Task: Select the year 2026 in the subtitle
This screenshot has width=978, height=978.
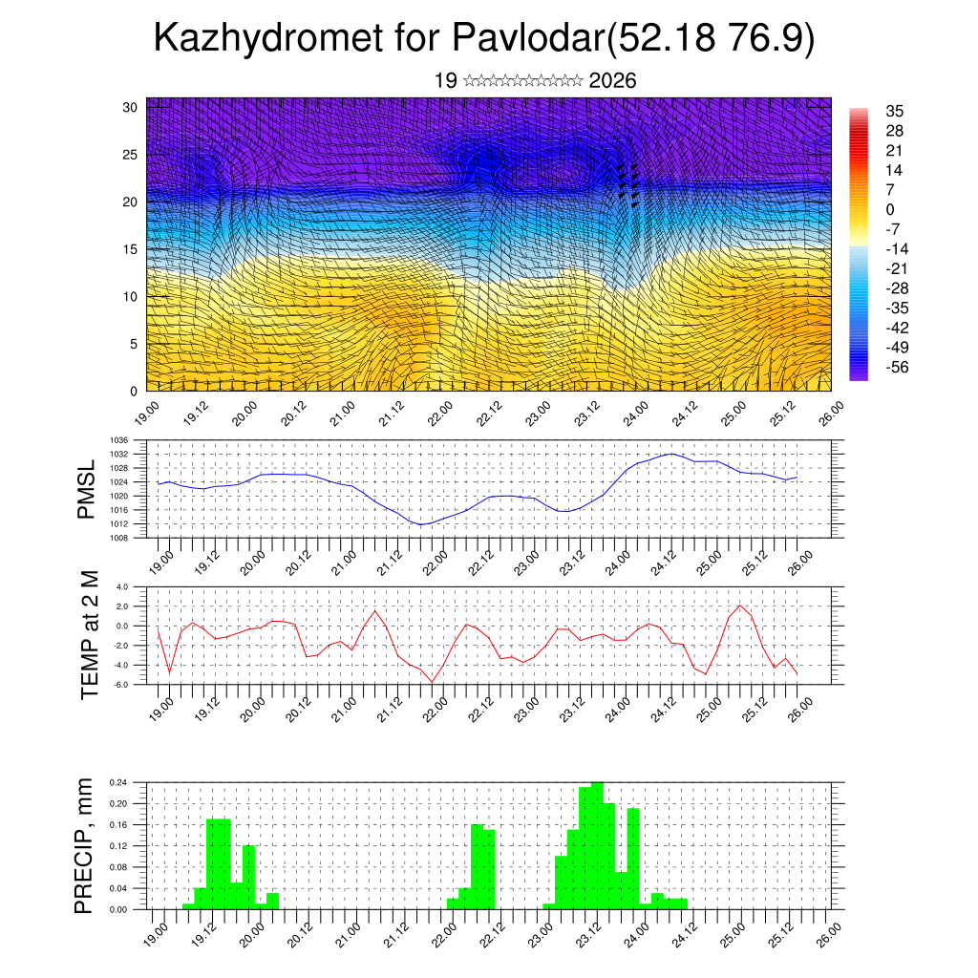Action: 613,81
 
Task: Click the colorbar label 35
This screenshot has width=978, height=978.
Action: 895,111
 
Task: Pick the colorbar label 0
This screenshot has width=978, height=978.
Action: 890,209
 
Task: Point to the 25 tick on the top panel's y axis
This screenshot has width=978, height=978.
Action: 131,154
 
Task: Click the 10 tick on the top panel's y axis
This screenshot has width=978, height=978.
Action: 131,296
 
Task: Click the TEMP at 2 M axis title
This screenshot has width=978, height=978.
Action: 90,635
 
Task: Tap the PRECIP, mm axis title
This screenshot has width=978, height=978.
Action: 86,845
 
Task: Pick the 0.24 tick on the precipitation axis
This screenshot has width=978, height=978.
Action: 119,782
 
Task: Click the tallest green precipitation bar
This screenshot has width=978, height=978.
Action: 597,845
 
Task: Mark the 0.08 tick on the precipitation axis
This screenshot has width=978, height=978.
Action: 119,866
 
